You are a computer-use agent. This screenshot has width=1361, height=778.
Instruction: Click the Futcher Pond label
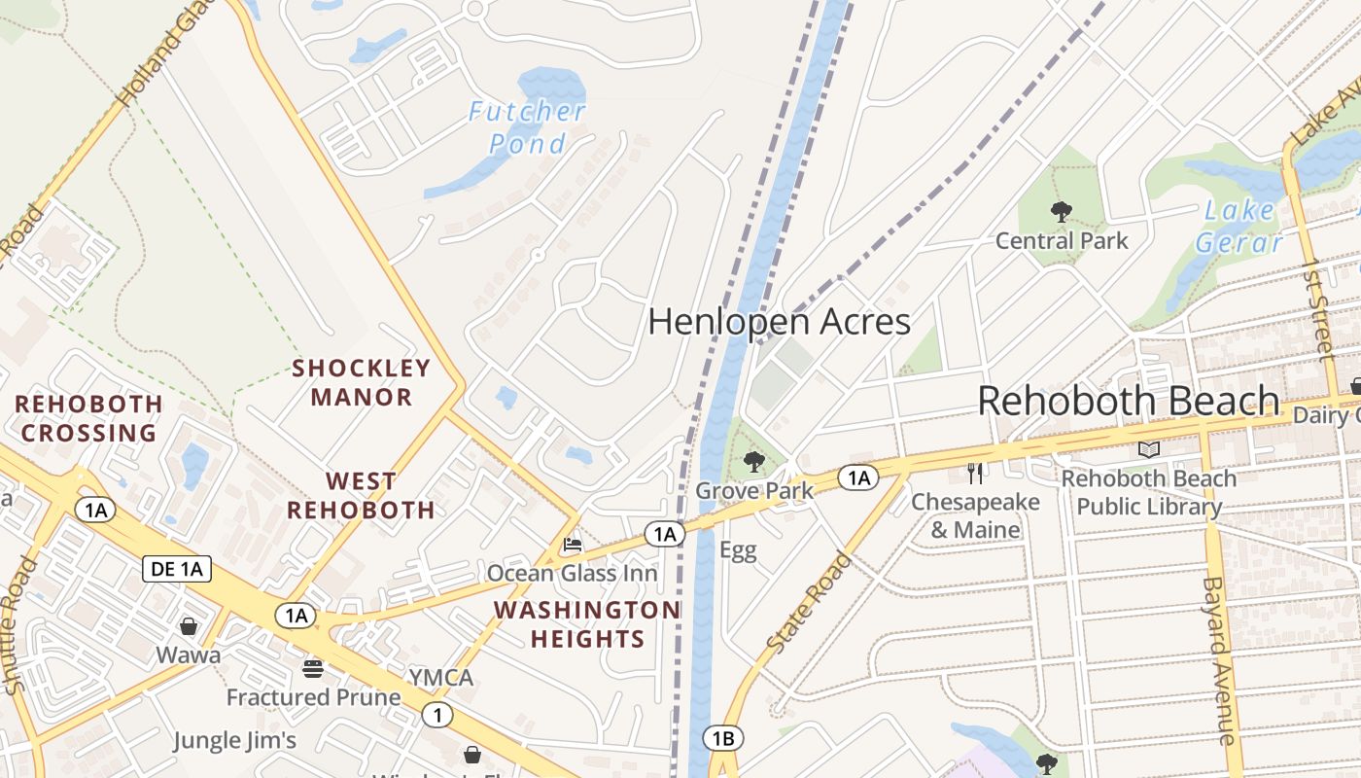[527, 127]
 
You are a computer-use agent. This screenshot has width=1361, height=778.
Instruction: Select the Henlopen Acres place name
[779, 322]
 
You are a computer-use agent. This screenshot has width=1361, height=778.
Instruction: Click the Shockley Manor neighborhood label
[362, 382]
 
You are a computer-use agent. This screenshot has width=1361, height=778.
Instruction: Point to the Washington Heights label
[587, 624]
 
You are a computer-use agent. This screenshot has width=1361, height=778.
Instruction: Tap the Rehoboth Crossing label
[88, 418]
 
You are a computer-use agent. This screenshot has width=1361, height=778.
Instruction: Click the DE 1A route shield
[177, 569]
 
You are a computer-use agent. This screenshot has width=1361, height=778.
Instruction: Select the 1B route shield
[722, 739]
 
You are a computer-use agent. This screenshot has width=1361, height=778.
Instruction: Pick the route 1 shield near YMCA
[437, 716]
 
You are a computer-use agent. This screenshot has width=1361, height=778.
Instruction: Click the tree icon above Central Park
[1061, 211]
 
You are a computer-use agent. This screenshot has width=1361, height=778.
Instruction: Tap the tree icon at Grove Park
[753, 462]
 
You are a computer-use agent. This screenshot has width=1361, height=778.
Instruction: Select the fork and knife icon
[975, 474]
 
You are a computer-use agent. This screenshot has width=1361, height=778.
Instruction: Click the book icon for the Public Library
[1149, 449]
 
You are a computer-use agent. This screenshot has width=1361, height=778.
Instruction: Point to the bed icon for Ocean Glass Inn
[573, 545]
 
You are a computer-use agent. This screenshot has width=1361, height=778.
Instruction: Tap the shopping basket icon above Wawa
[189, 625]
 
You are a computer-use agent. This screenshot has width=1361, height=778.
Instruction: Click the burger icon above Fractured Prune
[313, 668]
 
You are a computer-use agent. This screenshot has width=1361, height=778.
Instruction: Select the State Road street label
[809, 603]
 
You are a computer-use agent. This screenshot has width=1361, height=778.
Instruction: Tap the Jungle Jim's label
[234, 741]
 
